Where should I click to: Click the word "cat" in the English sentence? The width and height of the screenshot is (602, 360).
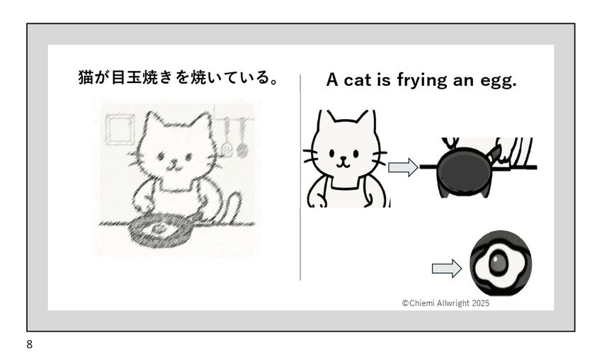click(x=358, y=80)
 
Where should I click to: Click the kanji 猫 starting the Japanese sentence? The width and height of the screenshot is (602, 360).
click(x=86, y=77)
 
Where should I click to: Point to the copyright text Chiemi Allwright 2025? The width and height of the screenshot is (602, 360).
click(x=445, y=303)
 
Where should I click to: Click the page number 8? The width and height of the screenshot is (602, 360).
click(x=30, y=344)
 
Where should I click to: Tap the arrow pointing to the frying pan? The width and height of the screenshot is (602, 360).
click(x=403, y=167)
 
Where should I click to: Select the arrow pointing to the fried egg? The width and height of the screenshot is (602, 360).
click(x=446, y=268)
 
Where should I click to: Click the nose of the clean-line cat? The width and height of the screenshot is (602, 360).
click(x=343, y=157)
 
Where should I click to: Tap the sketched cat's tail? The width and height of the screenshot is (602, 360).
click(x=229, y=207)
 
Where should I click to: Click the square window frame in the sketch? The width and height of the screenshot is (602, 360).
click(x=120, y=129)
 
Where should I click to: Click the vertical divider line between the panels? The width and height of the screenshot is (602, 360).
click(x=300, y=177)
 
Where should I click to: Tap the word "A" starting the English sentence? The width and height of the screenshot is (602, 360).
click(x=332, y=80)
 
